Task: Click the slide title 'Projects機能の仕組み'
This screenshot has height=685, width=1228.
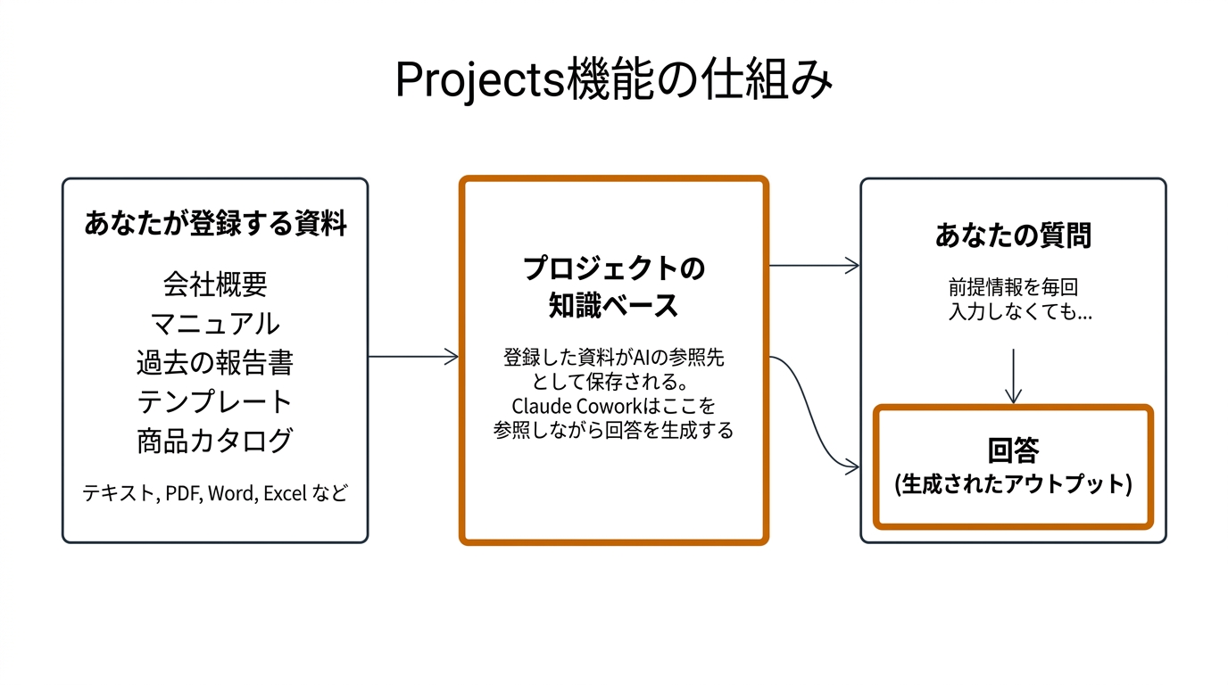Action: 614,79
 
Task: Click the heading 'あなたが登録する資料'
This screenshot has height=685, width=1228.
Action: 215,223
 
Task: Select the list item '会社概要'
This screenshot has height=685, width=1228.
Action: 215,284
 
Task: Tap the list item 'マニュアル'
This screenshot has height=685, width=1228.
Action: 215,323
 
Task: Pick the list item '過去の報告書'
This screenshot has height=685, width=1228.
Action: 215,362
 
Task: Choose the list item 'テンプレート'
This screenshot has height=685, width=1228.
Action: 215,401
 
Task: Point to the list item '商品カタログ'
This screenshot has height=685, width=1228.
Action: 215,441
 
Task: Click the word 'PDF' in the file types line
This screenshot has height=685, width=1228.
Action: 183,493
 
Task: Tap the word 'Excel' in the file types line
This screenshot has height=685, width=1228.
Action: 286,493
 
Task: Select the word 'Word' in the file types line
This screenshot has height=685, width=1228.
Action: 230,493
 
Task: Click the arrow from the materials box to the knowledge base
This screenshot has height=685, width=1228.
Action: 413,357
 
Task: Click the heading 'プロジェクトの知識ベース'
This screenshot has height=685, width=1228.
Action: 614,287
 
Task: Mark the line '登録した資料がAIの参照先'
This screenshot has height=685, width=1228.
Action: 614,359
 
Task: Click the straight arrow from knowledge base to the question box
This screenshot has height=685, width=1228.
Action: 814,265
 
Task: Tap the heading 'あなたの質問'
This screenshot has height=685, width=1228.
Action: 1013,235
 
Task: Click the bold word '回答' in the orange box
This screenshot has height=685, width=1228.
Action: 1013,450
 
